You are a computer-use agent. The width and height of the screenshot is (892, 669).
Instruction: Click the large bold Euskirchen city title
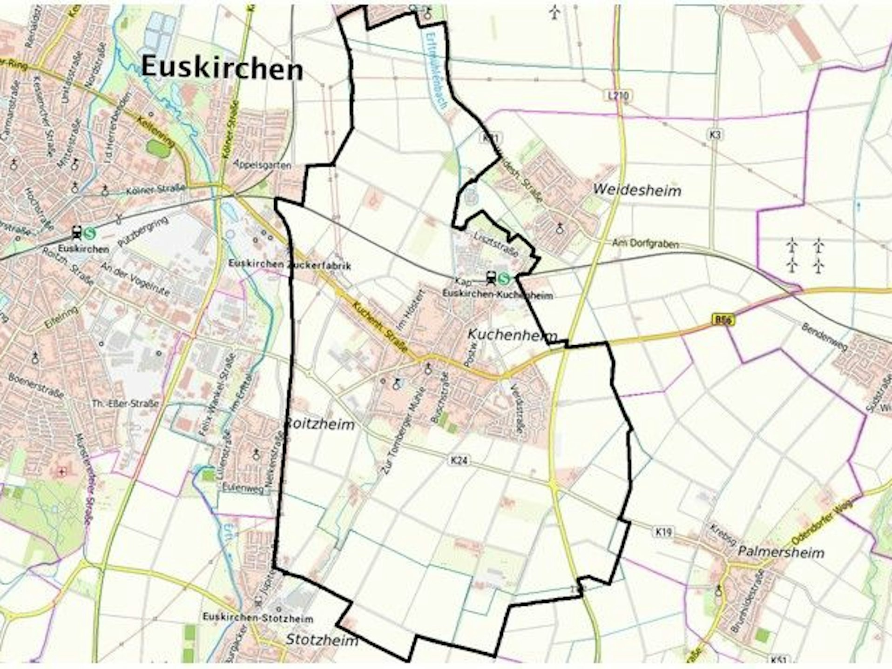[x=222, y=68]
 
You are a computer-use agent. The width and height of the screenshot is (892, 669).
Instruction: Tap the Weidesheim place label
[x=637, y=190]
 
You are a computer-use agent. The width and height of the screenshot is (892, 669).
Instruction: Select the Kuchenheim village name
[x=512, y=335]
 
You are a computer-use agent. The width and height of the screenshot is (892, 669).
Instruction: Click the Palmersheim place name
[x=781, y=552]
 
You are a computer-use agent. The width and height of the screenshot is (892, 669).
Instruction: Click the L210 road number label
[x=618, y=96]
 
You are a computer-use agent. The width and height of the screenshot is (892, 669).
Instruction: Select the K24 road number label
[x=459, y=461]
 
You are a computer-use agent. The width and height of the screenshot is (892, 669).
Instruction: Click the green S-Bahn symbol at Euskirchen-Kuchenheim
[x=503, y=278]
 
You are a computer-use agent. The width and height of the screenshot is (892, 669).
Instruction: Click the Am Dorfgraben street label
[x=645, y=243]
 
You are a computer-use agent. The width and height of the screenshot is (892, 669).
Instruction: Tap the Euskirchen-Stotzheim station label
[x=257, y=618]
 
